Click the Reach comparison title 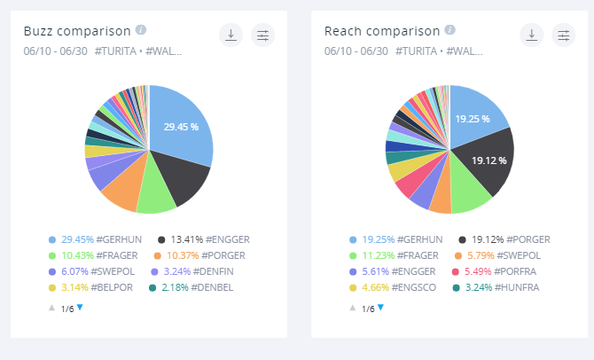click(382, 32)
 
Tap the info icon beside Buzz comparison click(142, 29)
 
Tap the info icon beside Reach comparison click(450, 29)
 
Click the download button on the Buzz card click(231, 35)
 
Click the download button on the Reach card click(532, 35)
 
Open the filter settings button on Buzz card click(263, 35)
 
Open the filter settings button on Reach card click(564, 35)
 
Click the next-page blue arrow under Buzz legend click(80, 307)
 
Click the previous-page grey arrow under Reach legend click(353, 308)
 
